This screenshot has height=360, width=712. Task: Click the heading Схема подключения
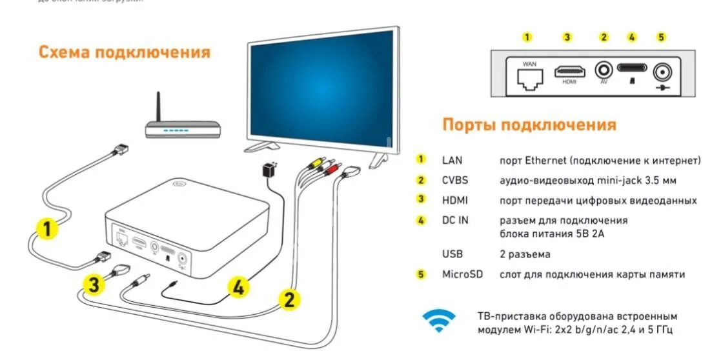pos(125,52)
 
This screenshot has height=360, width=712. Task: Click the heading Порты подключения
pos(529,125)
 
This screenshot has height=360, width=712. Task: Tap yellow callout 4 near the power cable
pos(238,288)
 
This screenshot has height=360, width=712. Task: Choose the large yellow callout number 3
pos(94,285)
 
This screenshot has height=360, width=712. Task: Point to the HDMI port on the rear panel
pos(570,71)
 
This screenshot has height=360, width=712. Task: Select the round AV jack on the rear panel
pos(604,70)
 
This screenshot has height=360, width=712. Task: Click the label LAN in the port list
pos(452,159)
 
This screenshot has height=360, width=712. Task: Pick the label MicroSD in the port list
pos(462,274)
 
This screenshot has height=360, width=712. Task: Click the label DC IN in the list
pos(455,220)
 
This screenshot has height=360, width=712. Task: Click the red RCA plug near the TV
pos(332,170)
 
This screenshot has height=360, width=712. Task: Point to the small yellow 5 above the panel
pos(661,37)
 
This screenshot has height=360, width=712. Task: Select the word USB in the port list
pos(453,254)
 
